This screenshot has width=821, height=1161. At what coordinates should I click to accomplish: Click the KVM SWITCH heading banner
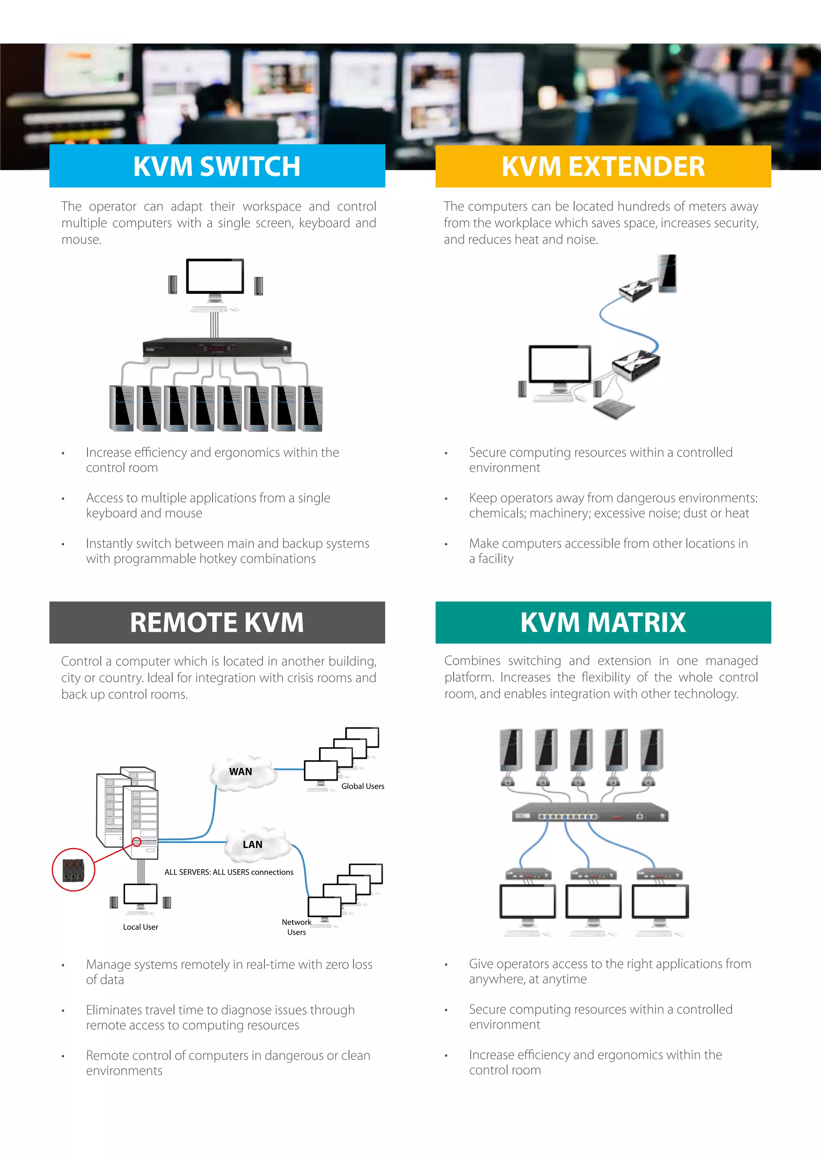217,166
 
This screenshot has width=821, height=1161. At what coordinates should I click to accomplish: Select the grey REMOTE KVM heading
217,623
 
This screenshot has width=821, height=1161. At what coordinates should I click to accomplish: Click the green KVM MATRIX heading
603,623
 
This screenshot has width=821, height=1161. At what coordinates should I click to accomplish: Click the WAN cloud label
240,772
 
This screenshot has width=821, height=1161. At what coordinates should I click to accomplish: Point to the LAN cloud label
252,844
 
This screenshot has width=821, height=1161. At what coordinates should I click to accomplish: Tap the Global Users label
362,786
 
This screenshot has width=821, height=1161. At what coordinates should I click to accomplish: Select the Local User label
141,927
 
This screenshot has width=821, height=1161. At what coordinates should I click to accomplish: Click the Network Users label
296,927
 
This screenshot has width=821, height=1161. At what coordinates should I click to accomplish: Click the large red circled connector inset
73,870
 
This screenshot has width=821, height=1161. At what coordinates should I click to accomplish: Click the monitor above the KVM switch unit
215,277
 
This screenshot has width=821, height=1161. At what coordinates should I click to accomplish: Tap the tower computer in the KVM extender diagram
667,273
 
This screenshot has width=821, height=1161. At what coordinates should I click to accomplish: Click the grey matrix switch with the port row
590,812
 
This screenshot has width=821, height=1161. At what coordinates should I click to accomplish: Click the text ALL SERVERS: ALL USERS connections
229,872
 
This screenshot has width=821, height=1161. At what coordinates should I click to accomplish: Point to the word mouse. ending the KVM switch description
81,240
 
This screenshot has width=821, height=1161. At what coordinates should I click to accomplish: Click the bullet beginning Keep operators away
613,506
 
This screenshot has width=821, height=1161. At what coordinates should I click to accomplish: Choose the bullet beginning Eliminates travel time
220,1017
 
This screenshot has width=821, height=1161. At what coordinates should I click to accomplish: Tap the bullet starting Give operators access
610,971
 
